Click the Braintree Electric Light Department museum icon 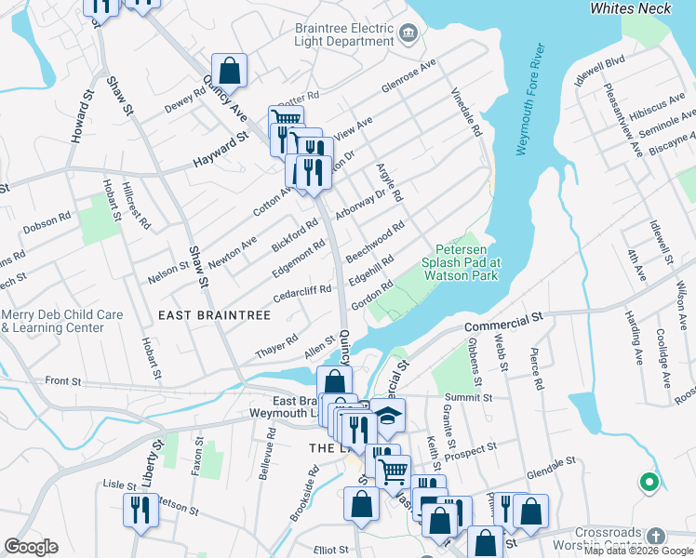coord(408,34)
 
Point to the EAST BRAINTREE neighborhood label coord(214,316)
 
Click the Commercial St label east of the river coord(503,321)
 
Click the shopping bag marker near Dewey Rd coord(229,70)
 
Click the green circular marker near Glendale coord(649,482)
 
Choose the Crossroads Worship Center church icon coord(656,537)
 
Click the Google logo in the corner coord(31,547)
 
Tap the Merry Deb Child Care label coord(62,322)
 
